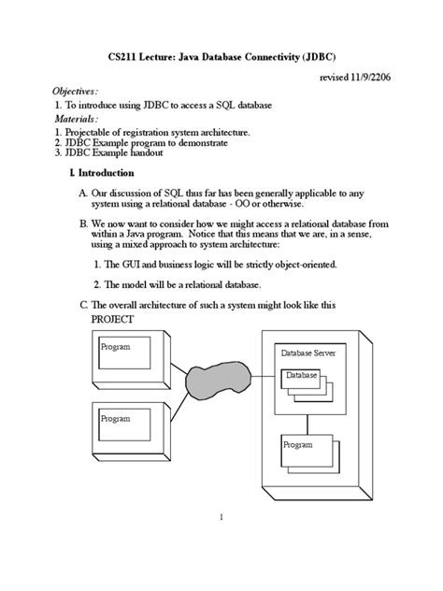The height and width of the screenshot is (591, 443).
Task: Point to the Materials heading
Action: [x=75, y=120]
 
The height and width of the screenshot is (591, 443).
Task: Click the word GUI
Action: [x=124, y=265]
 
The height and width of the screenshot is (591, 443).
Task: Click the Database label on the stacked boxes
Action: [x=302, y=375]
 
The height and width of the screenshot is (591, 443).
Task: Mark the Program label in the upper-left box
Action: [x=115, y=347]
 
